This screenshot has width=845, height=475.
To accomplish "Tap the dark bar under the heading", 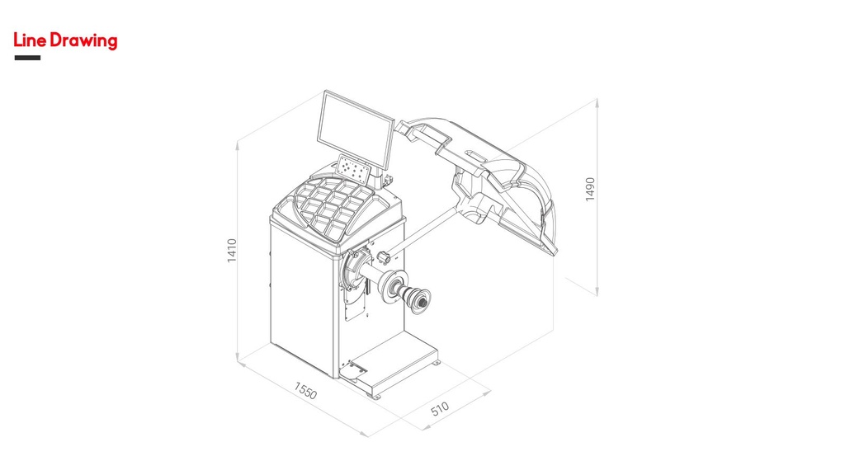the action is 27,58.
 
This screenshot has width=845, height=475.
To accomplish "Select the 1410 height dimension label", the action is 232,251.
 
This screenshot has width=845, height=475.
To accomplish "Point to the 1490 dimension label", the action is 590,189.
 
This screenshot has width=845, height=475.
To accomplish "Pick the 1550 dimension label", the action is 305,390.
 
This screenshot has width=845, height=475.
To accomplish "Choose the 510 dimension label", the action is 440,409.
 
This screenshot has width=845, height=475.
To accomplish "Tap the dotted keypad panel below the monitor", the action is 353,168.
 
